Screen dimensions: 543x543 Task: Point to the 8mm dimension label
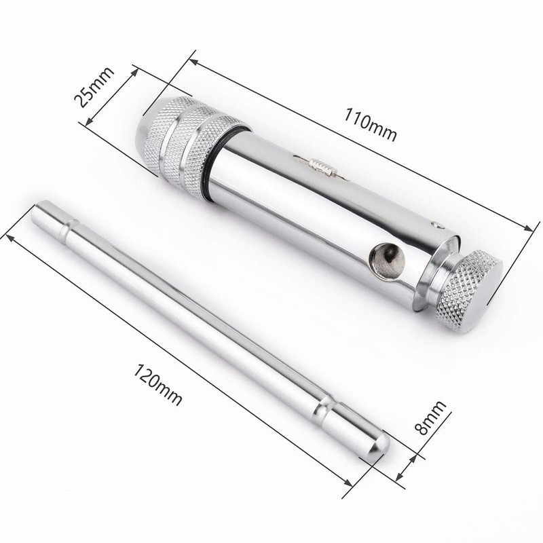[432, 417]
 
